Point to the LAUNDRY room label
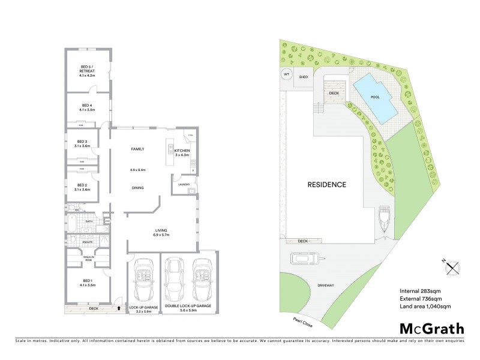tap(184, 185)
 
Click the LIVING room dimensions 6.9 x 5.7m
tap(161, 235)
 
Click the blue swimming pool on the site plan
tap(376, 98)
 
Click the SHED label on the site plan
tap(304, 77)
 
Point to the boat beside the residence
tap(384, 220)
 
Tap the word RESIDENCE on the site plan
tap(327, 184)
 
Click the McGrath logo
tap(431, 328)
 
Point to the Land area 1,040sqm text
tap(425, 306)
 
